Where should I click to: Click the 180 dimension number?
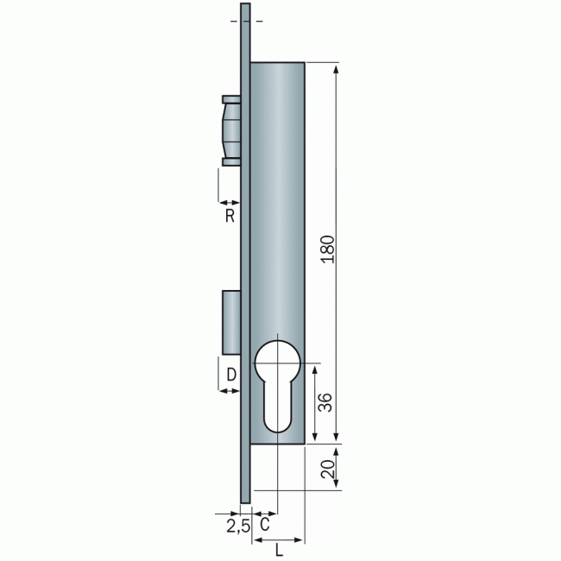[328, 249]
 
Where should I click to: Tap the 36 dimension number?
[325, 402]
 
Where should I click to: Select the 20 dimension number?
[328, 469]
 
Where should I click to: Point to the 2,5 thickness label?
[238, 526]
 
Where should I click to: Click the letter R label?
[230, 216]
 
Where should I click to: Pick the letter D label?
[231, 375]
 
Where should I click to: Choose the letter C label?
[264, 525]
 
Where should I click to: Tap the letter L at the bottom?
[279, 551]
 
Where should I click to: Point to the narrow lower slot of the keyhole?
[278, 408]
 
